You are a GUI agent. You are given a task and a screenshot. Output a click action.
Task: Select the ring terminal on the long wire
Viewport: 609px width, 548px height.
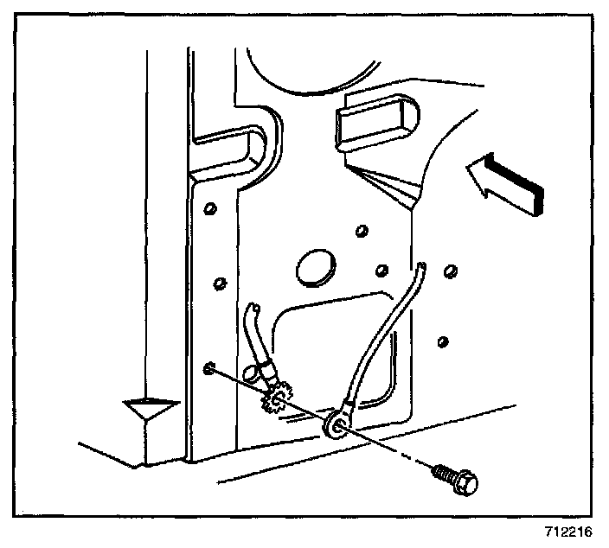[x=334, y=423]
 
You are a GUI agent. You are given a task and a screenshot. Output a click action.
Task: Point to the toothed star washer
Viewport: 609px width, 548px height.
[x=276, y=399]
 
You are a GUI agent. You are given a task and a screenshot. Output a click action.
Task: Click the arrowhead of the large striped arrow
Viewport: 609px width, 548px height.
[x=478, y=179]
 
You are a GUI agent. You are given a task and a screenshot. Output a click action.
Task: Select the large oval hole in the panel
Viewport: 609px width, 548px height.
[x=314, y=268]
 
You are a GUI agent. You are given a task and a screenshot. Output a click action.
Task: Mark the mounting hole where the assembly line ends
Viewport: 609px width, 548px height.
[x=210, y=370]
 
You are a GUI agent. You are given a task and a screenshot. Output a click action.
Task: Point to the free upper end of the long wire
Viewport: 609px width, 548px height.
[x=421, y=270]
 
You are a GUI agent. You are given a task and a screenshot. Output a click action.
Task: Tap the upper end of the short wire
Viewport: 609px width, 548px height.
[x=253, y=309]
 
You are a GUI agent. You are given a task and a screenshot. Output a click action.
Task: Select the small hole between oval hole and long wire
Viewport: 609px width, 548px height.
[x=381, y=271]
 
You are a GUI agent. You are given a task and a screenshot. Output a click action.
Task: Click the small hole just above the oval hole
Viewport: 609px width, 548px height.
[x=360, y=231]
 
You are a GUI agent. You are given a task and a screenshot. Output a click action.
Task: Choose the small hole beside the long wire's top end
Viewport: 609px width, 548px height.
[x=449, y=271]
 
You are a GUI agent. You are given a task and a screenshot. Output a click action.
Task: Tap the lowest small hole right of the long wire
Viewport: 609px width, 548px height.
[x=443, y=341]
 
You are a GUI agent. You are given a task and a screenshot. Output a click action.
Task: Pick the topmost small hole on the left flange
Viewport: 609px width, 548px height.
[x=208, y=210]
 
